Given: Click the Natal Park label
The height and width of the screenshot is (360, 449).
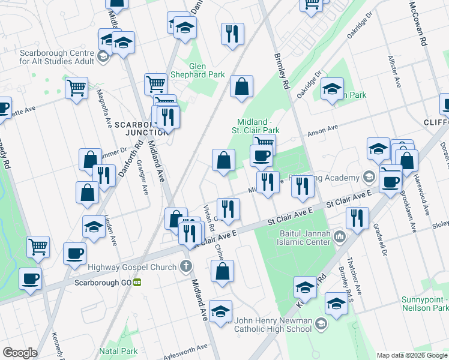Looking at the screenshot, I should pos(118,351).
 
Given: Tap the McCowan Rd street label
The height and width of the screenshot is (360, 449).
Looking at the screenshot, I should pos(418,24).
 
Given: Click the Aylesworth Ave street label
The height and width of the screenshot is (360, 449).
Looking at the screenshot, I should pos(187,352).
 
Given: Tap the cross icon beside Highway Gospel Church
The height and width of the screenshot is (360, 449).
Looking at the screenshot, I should pos(187,267).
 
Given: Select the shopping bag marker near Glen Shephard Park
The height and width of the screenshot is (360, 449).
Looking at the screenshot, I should pos(241,87).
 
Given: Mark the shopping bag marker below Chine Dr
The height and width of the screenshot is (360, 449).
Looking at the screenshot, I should pos(221,271).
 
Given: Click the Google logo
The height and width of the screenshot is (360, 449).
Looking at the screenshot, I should pos(20,352).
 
